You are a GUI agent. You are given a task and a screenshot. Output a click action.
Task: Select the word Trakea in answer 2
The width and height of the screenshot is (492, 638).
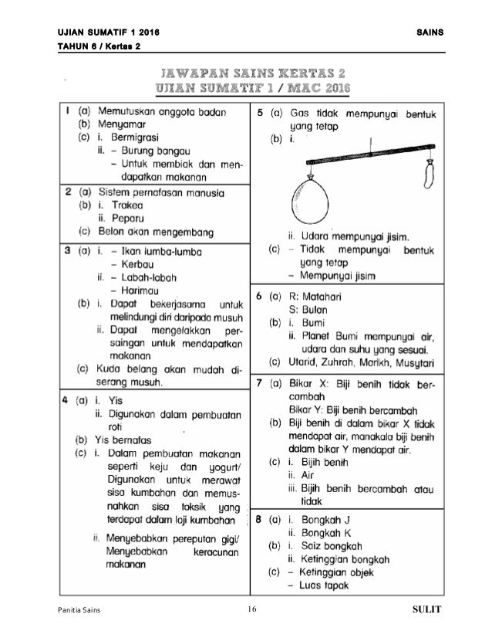pyautogui.click(x=124, y=205)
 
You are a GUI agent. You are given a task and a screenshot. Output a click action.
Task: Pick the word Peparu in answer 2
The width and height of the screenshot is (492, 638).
pyautogui.click(x=126, y=219)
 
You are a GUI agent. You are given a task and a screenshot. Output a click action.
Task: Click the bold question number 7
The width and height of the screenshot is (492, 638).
pyautogui.click(x=260, y=382)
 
